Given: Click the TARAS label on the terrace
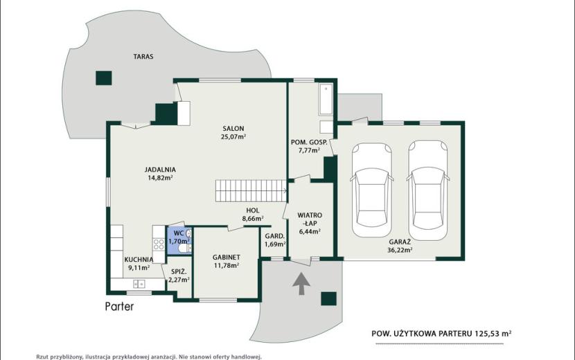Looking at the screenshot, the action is click(143, 57).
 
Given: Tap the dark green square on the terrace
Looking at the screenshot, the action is click(104, 78).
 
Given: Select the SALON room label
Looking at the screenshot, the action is click(233, 129).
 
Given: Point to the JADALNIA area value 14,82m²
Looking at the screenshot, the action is click(160, 178).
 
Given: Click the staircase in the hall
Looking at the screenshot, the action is click(251, 190).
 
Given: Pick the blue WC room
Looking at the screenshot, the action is click(179, 240).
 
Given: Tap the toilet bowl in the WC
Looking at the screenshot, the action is click(184, 249).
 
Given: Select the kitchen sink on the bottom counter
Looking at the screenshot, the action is click(139, 284).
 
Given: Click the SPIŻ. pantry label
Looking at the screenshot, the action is click(179, 272).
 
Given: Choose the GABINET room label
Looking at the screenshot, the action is click(227, 258).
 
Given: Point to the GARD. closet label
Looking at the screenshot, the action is click(274, 236).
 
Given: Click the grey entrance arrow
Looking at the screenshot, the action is click(301, 283).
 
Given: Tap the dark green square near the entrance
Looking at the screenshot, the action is click(328, 299).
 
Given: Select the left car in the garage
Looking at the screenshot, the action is click(372, 190).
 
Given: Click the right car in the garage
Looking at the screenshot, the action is click(428, 190).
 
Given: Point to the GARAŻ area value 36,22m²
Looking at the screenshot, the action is click(400, 251).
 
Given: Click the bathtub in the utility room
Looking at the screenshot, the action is click(326, 100).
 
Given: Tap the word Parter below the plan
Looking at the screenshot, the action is click(120, 307).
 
